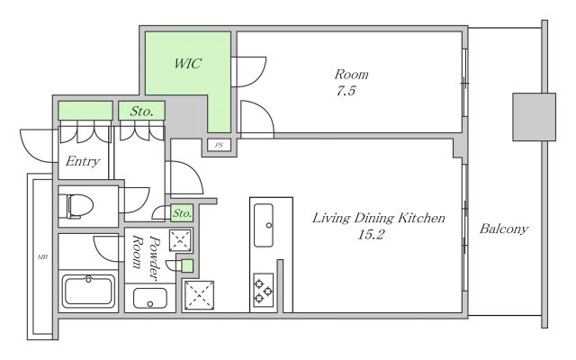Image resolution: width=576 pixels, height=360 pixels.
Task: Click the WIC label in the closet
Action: [188, 64]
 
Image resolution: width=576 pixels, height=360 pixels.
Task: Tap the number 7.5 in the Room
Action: [346, 90]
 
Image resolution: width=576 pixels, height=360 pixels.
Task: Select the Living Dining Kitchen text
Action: [378, 218]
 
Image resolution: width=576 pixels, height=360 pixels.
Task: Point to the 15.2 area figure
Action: [371, 234]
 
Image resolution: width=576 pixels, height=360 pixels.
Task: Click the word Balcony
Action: [504, 229]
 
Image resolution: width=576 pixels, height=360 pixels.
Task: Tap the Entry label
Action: [83, 161]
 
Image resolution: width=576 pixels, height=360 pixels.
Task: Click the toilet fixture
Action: [80, 206]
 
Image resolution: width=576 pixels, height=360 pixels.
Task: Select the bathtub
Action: [88, 291]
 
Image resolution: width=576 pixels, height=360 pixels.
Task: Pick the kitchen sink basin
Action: [264, 225]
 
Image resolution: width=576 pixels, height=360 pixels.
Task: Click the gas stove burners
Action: [264, 290]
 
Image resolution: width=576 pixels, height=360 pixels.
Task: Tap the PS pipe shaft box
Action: [219, 145]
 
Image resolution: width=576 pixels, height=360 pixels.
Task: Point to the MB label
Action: [42, 257]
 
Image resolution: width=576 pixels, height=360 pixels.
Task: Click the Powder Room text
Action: [146, 257]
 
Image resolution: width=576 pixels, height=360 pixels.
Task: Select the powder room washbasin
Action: [150, 298]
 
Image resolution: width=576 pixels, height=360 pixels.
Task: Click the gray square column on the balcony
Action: [534, 117]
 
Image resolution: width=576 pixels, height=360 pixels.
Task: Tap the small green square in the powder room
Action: [187, 265]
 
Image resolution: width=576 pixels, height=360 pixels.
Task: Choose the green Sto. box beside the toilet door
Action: [182, 213]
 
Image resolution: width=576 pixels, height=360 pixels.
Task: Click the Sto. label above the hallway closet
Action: [142, 111]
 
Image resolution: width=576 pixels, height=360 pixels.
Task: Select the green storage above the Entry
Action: [85, 111]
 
